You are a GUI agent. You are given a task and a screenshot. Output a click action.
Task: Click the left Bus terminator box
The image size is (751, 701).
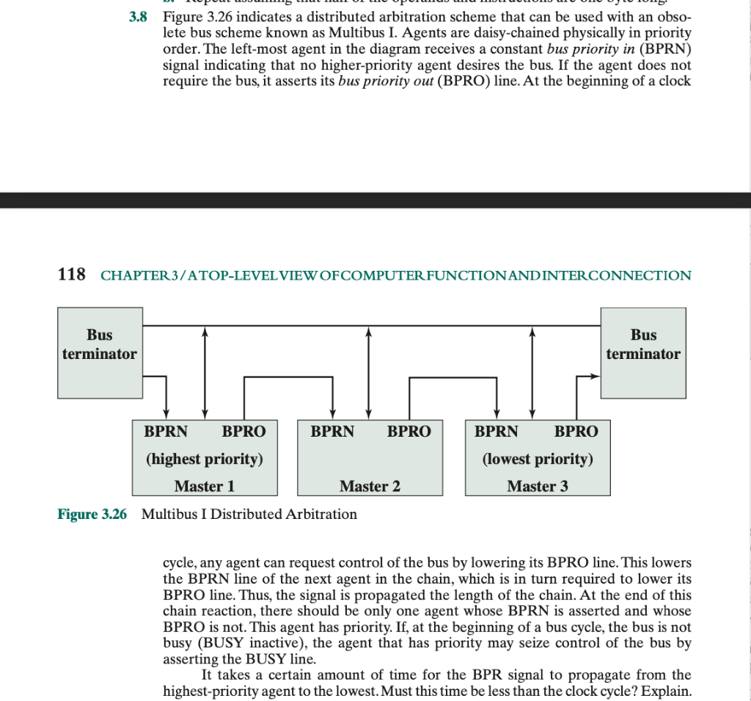coord(99,352)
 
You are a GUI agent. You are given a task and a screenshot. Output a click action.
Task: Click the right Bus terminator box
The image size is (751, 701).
coord(643,352)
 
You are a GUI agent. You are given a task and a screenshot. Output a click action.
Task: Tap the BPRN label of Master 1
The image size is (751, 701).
coord(166,432)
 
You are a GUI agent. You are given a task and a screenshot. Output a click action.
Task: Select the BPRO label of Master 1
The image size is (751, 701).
coord(244,432)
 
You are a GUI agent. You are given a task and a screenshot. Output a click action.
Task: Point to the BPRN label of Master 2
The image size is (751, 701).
coord(332,432)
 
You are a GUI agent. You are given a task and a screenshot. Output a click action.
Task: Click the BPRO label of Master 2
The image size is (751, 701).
coord(409,432)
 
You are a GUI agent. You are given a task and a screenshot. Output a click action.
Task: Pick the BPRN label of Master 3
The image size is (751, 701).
coord(497,432)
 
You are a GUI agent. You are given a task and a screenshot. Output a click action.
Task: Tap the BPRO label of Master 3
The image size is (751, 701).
coord(576,432)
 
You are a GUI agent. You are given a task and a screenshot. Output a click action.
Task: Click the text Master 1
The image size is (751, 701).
coord(205,486)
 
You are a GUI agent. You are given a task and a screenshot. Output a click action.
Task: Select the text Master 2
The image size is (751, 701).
coord(370,486)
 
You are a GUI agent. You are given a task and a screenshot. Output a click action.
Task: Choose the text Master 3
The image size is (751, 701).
coord(538,486)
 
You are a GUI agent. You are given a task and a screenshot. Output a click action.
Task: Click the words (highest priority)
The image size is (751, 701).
coord(205,460)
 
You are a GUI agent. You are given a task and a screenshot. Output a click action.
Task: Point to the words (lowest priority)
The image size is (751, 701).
coord(538,460)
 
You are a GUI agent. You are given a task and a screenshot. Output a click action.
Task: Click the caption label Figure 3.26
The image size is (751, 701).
coord(92,514)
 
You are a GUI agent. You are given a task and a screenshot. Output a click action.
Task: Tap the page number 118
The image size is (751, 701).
coord(71,275)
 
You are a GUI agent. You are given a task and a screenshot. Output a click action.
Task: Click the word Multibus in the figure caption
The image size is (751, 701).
coord(173,514)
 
